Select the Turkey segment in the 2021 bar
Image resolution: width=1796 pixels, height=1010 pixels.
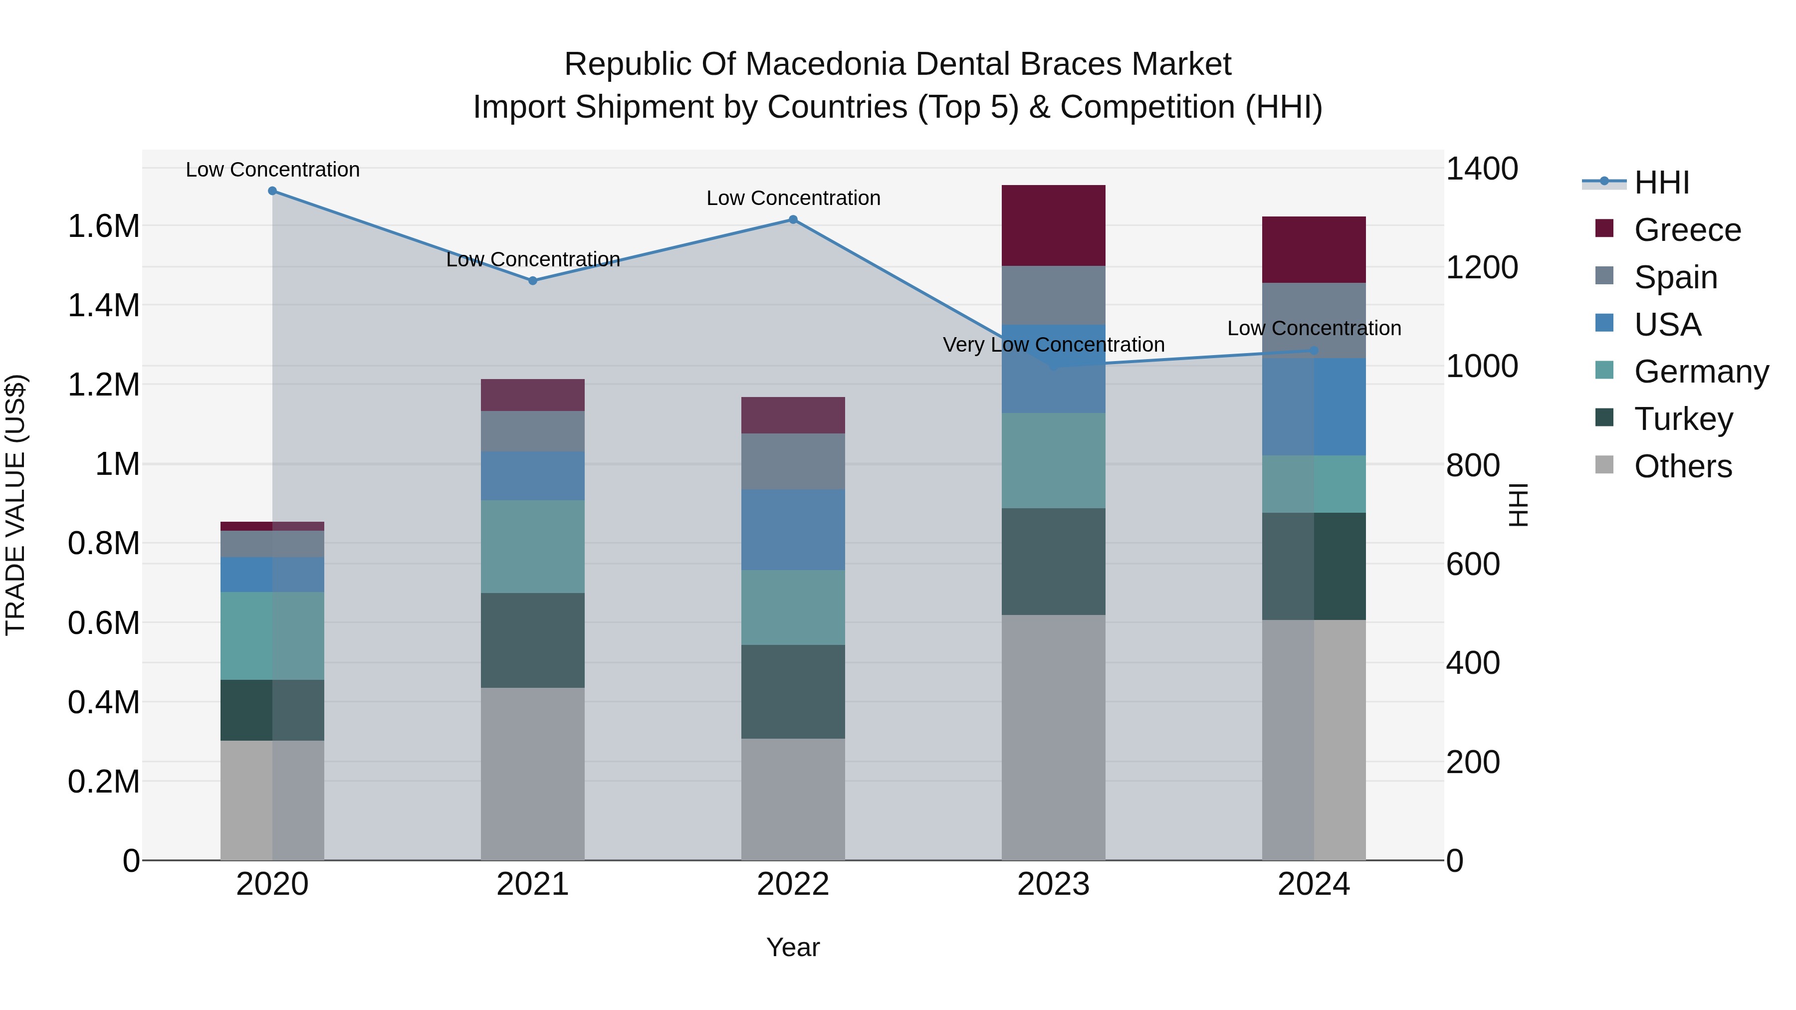click(533, 640)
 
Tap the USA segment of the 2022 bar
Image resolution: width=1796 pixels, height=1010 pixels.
click(793, 530)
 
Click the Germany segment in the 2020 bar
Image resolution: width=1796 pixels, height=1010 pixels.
click(272, 636)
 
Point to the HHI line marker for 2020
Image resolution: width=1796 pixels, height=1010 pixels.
click(272, 191)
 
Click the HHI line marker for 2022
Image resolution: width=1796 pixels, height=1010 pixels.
click(793, 219)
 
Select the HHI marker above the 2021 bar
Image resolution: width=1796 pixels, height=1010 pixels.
click(533, 281)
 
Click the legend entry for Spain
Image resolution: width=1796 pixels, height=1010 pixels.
click(1675, 277)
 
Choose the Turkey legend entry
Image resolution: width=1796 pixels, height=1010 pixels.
click(1683, 419)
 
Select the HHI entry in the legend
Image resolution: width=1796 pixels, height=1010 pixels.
click(1661, 183)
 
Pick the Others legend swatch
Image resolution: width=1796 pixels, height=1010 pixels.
click(1603, 465)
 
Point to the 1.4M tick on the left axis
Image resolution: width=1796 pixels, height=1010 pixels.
click(103, 305)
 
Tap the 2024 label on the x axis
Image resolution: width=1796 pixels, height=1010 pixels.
click(1313, 884)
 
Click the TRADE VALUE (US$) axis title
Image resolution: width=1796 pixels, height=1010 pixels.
click(15, 505)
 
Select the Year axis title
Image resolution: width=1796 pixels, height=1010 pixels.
click(793, 947)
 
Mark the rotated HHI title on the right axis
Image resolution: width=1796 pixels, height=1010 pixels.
click(1517, 505)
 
